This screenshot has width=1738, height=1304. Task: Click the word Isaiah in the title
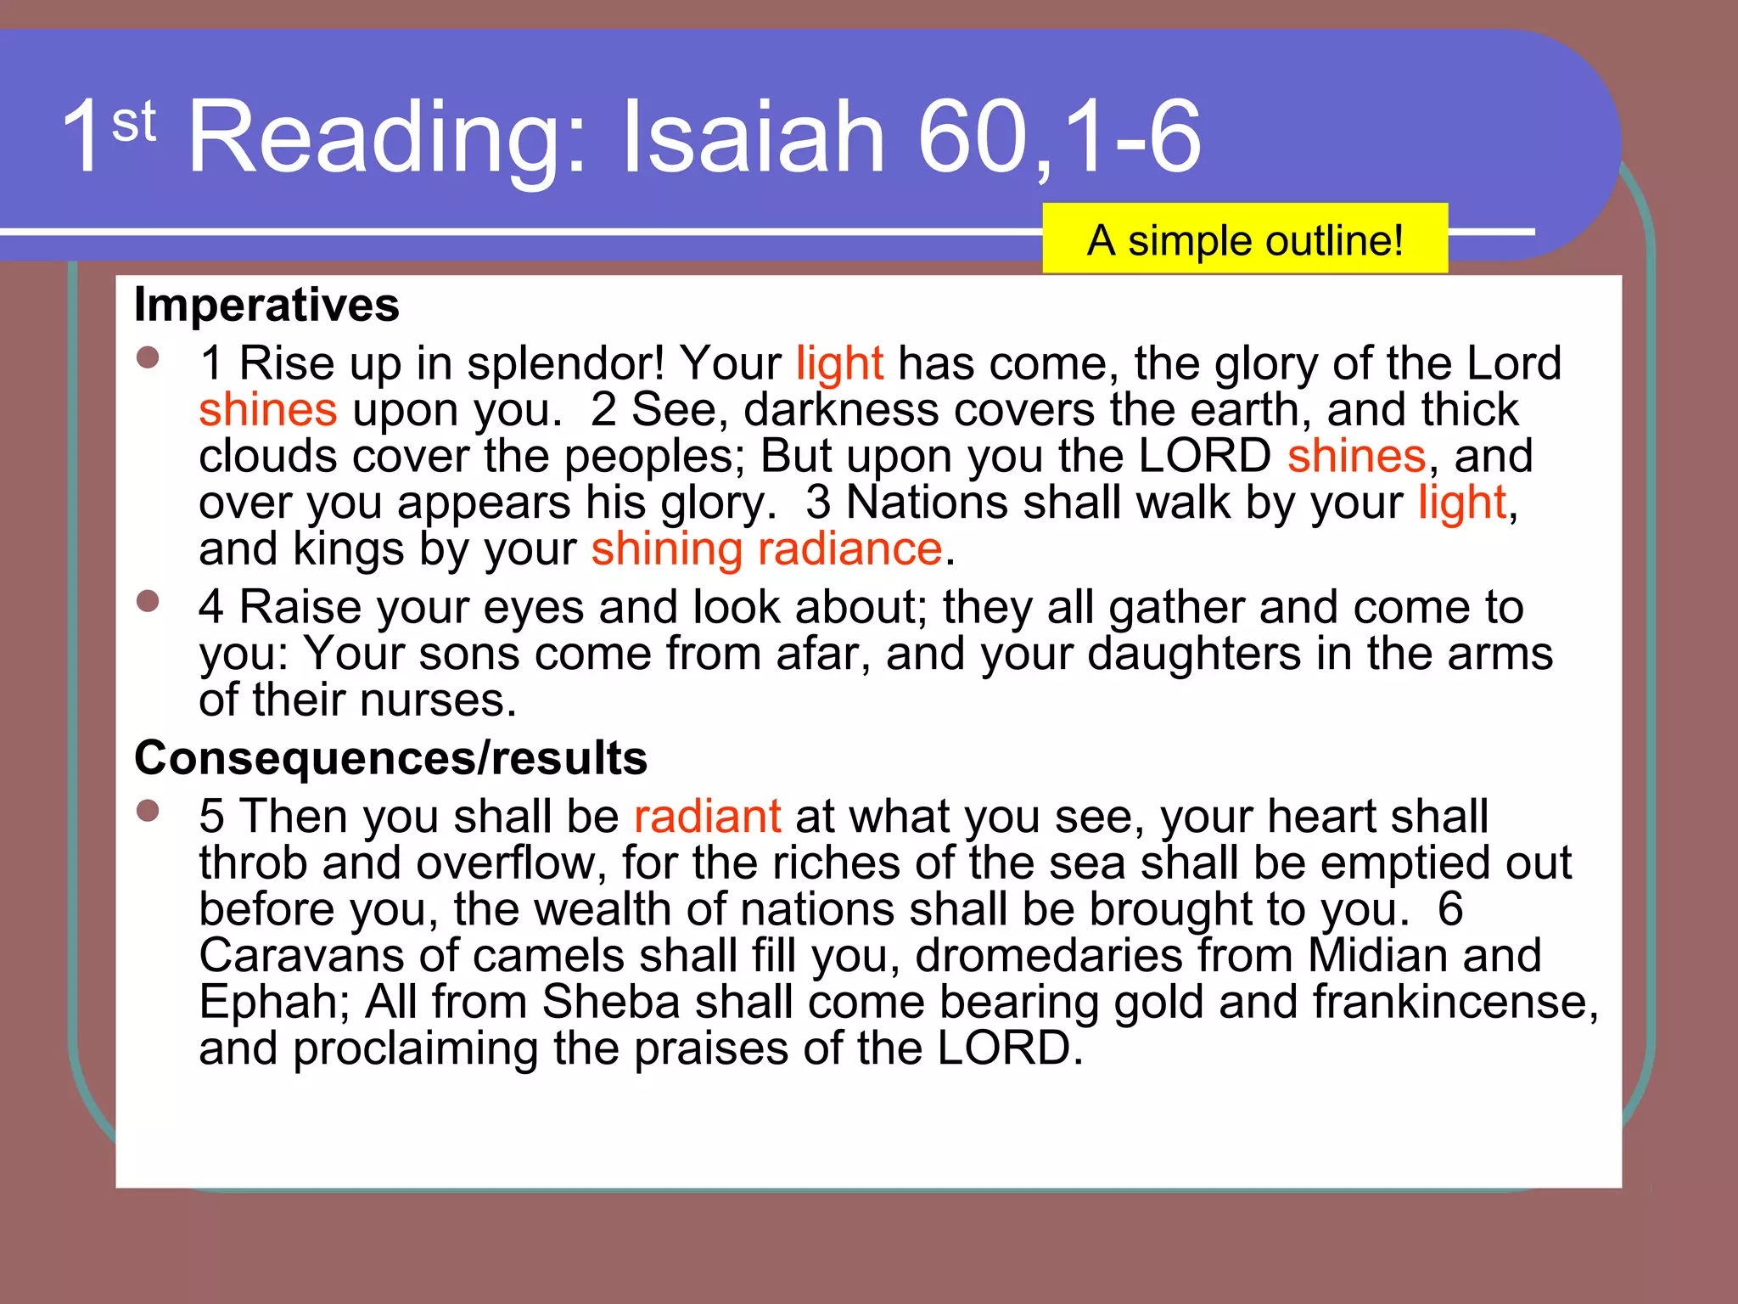[x=754, y=138]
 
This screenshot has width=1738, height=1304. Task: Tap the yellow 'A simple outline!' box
[x=1245, y=239]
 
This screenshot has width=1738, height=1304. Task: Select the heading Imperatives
[x=266, y=305]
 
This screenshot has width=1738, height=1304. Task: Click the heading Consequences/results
[x=390, y=757]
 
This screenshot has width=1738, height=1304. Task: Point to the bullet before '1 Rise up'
[x=148, y=357]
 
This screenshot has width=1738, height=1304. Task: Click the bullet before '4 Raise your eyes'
[x=148, y=601]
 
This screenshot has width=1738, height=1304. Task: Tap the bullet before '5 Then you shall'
[x=148, y=811]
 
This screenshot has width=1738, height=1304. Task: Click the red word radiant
[x=707, y=817]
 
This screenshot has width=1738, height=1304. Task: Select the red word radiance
[x=849, y=549]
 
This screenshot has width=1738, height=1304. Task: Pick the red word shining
[x=667, y=549]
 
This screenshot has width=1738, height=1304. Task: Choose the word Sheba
[x=611, y=1003]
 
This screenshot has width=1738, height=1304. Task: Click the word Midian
[x=1376, y=956]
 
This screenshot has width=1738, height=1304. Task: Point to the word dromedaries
[x=1049, y=956]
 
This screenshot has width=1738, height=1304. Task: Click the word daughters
[x=1194, y=655]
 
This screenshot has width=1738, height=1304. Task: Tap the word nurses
[x=438, y=701]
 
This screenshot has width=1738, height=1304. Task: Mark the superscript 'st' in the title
[x=133, y=121]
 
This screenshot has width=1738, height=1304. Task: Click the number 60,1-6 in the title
[x=1059, y=138]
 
